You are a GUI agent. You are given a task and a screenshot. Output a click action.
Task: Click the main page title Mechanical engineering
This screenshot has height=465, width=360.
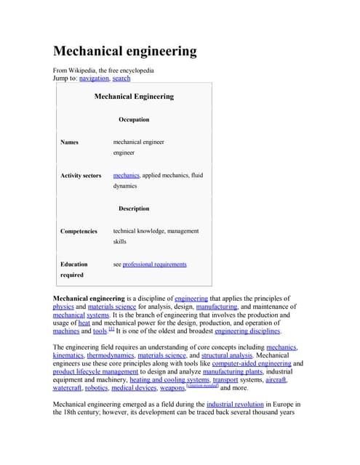[x=125, y=51]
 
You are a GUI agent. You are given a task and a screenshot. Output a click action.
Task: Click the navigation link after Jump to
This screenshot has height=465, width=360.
[x=94, y=78]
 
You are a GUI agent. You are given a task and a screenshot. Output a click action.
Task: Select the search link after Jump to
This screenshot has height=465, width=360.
[x=121, y=78]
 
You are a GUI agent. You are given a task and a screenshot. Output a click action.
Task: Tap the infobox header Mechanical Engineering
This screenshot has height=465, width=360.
[x=134, y=96]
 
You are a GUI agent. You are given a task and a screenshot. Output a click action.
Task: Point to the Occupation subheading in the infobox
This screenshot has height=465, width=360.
[x=134, y=119]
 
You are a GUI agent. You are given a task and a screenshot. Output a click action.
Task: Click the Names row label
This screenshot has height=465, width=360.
[x=69, y=142]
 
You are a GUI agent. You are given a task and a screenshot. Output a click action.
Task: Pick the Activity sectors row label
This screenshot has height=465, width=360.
[x=81, y=176]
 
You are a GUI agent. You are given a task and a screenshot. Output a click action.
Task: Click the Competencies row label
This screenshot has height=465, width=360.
[x=79, y=231]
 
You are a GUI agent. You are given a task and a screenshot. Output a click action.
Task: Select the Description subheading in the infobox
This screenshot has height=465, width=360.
[x=134, y=209]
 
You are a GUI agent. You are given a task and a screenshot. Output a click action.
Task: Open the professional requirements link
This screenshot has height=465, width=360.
[x=154, y=264]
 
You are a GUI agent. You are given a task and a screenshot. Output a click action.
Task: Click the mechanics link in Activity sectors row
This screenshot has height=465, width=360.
[x=126, y=176]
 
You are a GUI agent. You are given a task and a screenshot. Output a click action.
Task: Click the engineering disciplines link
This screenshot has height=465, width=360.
[x=247, y=331]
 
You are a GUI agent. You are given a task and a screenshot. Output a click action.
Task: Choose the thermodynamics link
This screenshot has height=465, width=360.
[x=112, y=356]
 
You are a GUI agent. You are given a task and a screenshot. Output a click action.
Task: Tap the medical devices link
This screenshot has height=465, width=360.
[x=135, y=388]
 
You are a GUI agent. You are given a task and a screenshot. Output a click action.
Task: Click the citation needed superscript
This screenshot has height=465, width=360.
[x=202, y=385]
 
